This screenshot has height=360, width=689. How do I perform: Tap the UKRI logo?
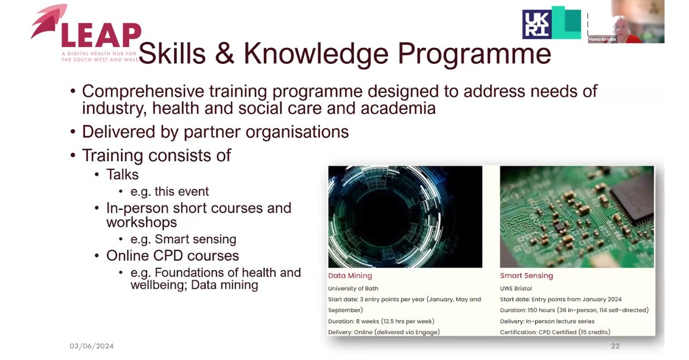537,25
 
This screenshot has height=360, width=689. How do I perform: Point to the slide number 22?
615,346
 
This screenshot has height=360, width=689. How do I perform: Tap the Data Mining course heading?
350,276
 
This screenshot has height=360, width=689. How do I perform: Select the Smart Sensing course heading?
527,276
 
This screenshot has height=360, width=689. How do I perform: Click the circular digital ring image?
405,217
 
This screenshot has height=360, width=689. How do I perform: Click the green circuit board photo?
576,217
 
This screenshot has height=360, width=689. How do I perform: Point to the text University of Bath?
353,288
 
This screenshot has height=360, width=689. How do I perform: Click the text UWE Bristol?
516,288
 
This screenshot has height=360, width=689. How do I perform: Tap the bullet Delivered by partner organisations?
215,132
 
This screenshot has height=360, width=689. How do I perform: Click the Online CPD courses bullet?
172,256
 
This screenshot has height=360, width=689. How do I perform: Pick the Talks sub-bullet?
122,175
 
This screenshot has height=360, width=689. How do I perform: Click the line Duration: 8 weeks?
381,321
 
